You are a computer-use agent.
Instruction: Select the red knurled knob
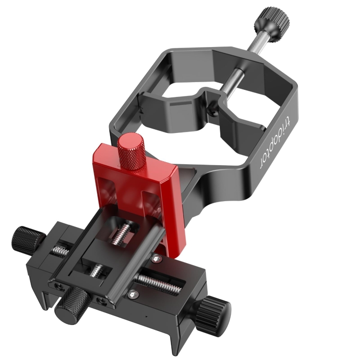pyautogui.click(x=132, y=152)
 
